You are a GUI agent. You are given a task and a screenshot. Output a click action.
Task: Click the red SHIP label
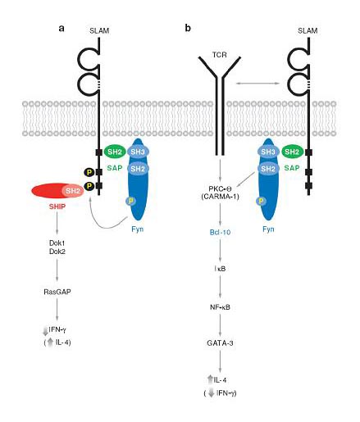[57, 206]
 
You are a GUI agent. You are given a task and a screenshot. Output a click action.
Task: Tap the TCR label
[220, 55]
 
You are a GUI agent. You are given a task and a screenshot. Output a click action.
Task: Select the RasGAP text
[57, 292]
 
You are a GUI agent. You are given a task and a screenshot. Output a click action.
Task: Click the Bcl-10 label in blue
[220, 232]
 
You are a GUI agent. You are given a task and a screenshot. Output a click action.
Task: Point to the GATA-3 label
[220, 343]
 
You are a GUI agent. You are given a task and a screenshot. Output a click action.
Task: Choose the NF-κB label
[220, 307]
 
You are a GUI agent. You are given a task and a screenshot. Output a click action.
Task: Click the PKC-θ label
[220, 188]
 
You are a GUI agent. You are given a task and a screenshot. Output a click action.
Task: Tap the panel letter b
[188, 28]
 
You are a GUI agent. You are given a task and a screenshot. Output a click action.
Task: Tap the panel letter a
[62, 28]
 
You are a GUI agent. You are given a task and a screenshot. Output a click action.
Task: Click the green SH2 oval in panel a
[115, 152]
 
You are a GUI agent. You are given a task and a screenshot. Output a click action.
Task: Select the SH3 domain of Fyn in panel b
[268, 152]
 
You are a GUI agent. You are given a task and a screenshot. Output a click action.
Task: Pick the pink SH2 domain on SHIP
[73, 191]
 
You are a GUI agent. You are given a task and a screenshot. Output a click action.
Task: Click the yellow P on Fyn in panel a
[131, 201]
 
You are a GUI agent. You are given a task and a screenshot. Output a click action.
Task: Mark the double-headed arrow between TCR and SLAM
[258, 83]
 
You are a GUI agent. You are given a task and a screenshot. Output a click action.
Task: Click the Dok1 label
[57, 243]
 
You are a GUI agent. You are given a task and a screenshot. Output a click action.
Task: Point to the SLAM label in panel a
[99, 30]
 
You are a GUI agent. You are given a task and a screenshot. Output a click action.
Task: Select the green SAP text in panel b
[292, 168]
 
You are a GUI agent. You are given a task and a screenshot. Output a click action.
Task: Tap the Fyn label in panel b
[268, 229]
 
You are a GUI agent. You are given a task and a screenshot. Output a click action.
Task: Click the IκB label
[220, 269]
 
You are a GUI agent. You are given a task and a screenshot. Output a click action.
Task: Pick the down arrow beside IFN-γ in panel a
[45, 331]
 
